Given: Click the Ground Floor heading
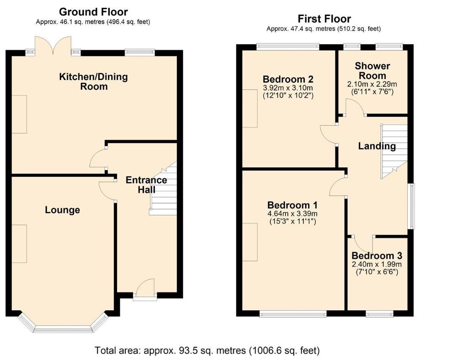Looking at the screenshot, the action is pyautogui.click(x=93, y=12).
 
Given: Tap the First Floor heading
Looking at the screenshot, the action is pyautogui.click(x=324, y=19).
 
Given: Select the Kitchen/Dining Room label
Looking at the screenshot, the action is pyautogui.click(x=94, y=82).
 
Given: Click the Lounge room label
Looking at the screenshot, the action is pyautogui.click(x=62, y=210).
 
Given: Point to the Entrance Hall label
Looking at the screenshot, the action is pyautogui.click(x=146, y=185).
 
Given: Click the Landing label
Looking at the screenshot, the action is pyautogui.click(x=377, y=146).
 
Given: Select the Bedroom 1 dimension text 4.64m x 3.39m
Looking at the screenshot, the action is pyautogui.click(x=292, y=214).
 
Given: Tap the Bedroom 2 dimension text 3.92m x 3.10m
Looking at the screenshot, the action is pyautogui.click(x=288, y=88).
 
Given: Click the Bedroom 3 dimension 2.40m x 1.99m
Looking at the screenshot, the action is pyautogui.click(x=377, y=265).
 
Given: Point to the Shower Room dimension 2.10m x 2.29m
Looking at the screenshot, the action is pyautogui.click(x=372, y=85).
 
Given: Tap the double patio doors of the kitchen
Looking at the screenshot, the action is pyautogui.click(x=53, y=46).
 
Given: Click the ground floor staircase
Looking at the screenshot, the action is pyautogui.click(x=163, y=189).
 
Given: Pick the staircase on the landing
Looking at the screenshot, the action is pyautogui.click(x=394, y=152).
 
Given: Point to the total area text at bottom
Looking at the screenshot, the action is pyautogui.click(x=207, y=350).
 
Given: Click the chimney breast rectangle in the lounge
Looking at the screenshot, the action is pyautogui.click(x=20, y=244).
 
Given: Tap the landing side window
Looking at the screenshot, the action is pyautogui.click(x=411, y=206).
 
